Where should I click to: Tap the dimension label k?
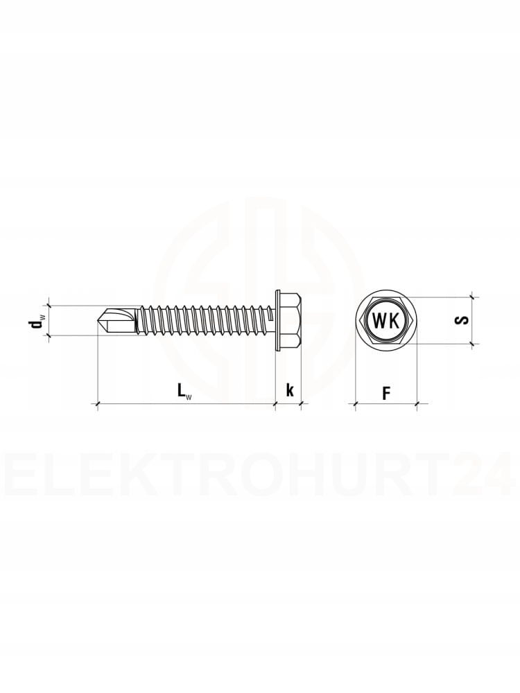point(290,390)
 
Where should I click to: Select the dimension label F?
point(386,393)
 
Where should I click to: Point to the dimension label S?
point(462,320)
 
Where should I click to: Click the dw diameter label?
point(36,321)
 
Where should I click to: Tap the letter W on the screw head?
point(380,320)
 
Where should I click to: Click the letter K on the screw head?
point(394,320)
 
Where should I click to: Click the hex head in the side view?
point(291,320)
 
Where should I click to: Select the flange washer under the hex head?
point(278,321)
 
